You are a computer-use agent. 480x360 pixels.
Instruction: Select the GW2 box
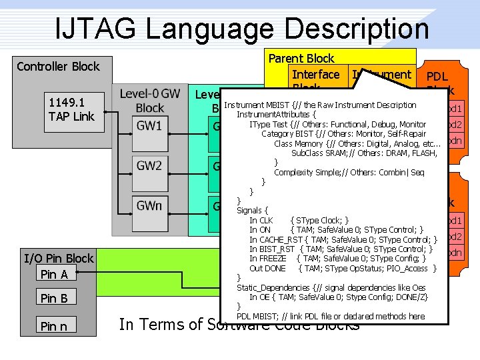coord(149,166)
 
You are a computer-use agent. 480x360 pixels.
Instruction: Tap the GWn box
coord(149,206)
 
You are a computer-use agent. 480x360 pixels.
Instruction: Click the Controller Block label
coord(58,66)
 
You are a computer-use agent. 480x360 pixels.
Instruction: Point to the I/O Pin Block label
coord(59,258)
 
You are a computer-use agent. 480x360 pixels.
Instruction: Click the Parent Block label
coord(301,59)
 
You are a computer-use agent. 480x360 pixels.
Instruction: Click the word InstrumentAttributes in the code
coord(271,115)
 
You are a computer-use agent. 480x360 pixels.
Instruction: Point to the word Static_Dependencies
coord(273,287)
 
